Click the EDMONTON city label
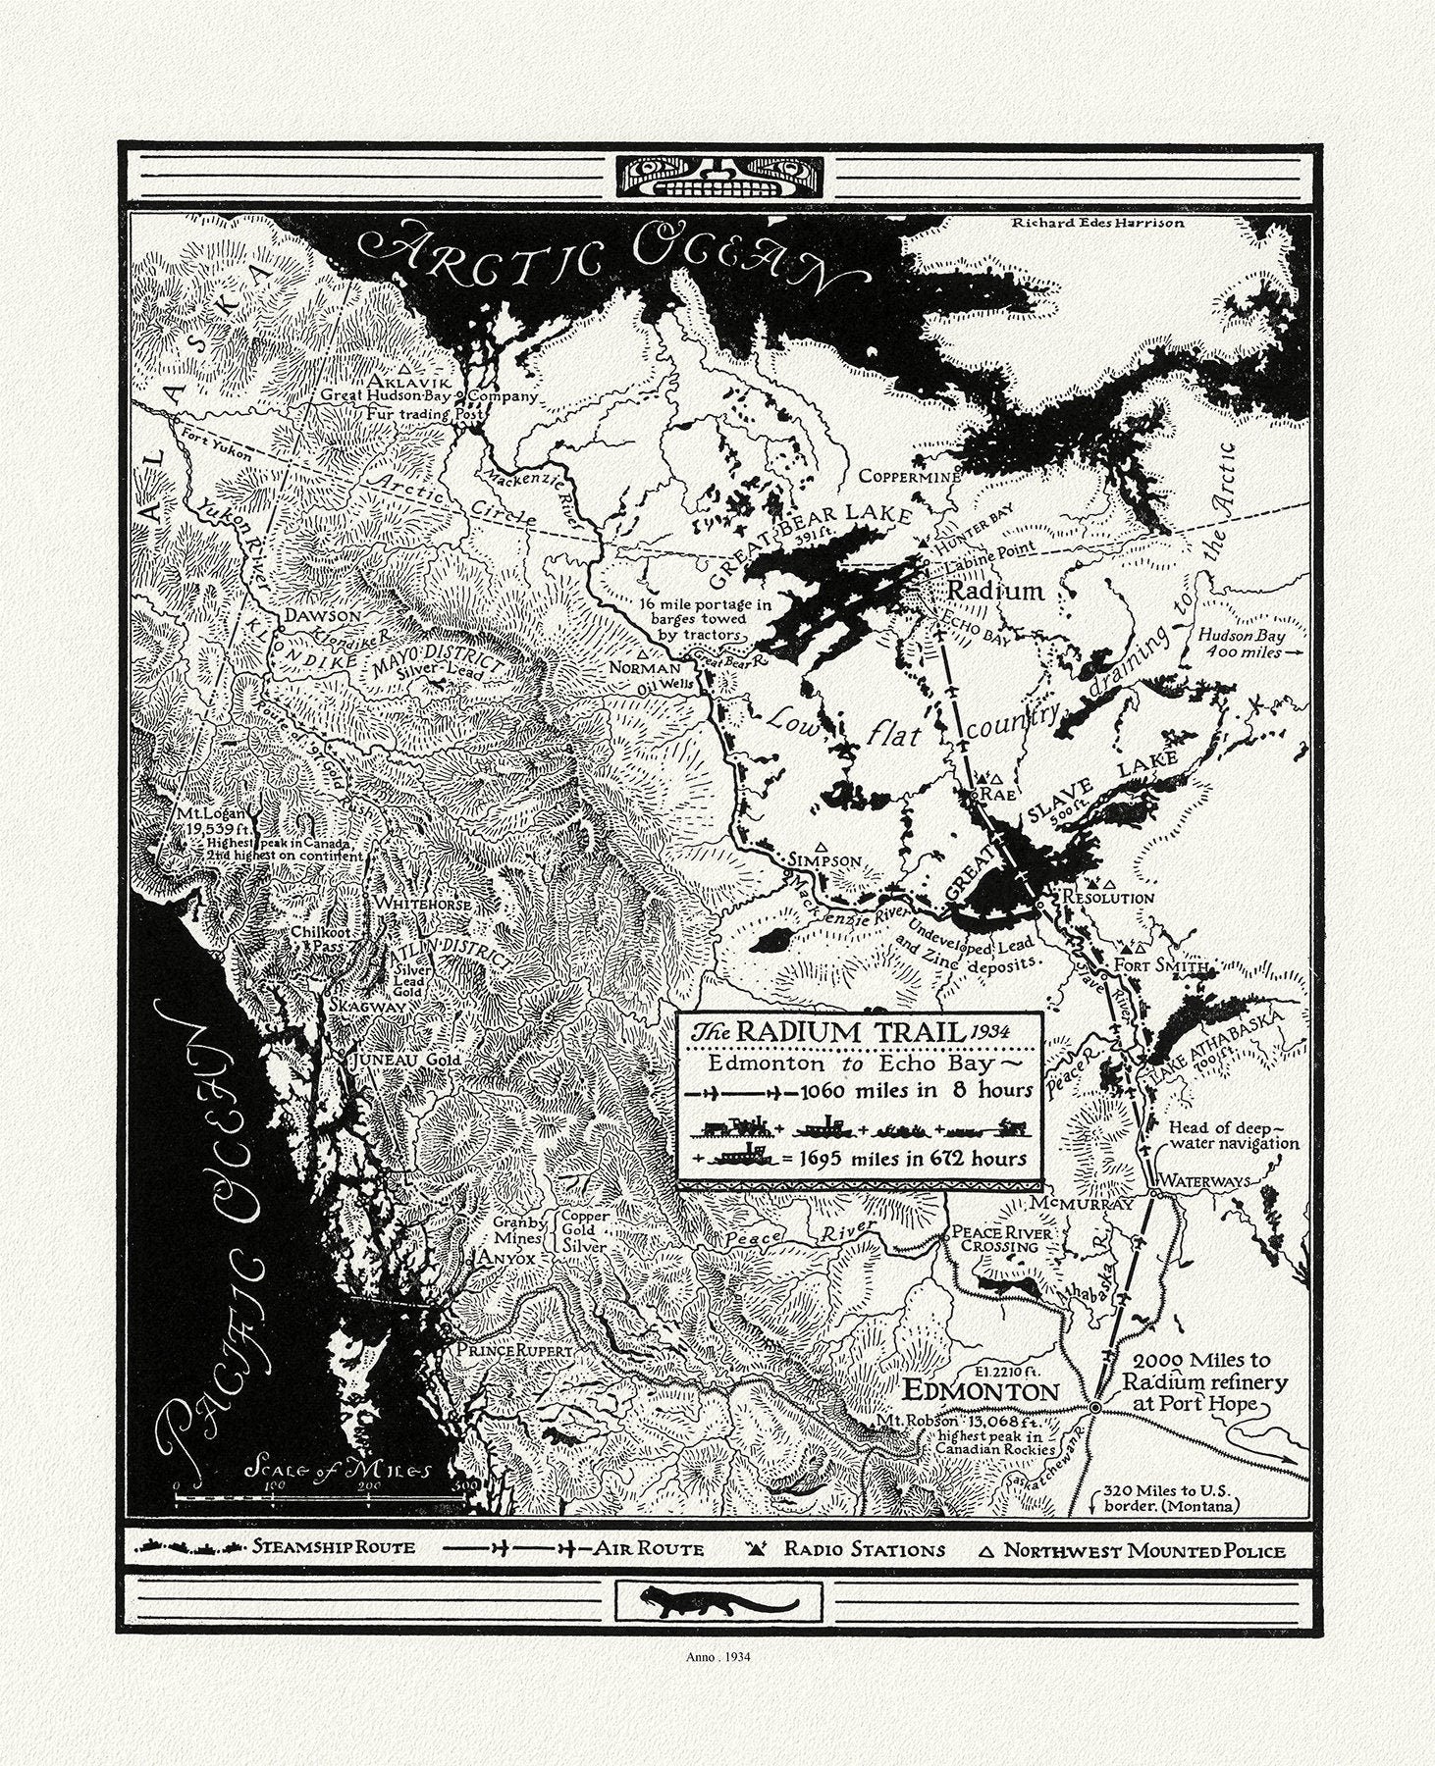coord(981,1390)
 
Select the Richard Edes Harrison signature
coord(1097,223)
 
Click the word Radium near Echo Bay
coord(995,591)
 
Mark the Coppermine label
coord(908,477)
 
